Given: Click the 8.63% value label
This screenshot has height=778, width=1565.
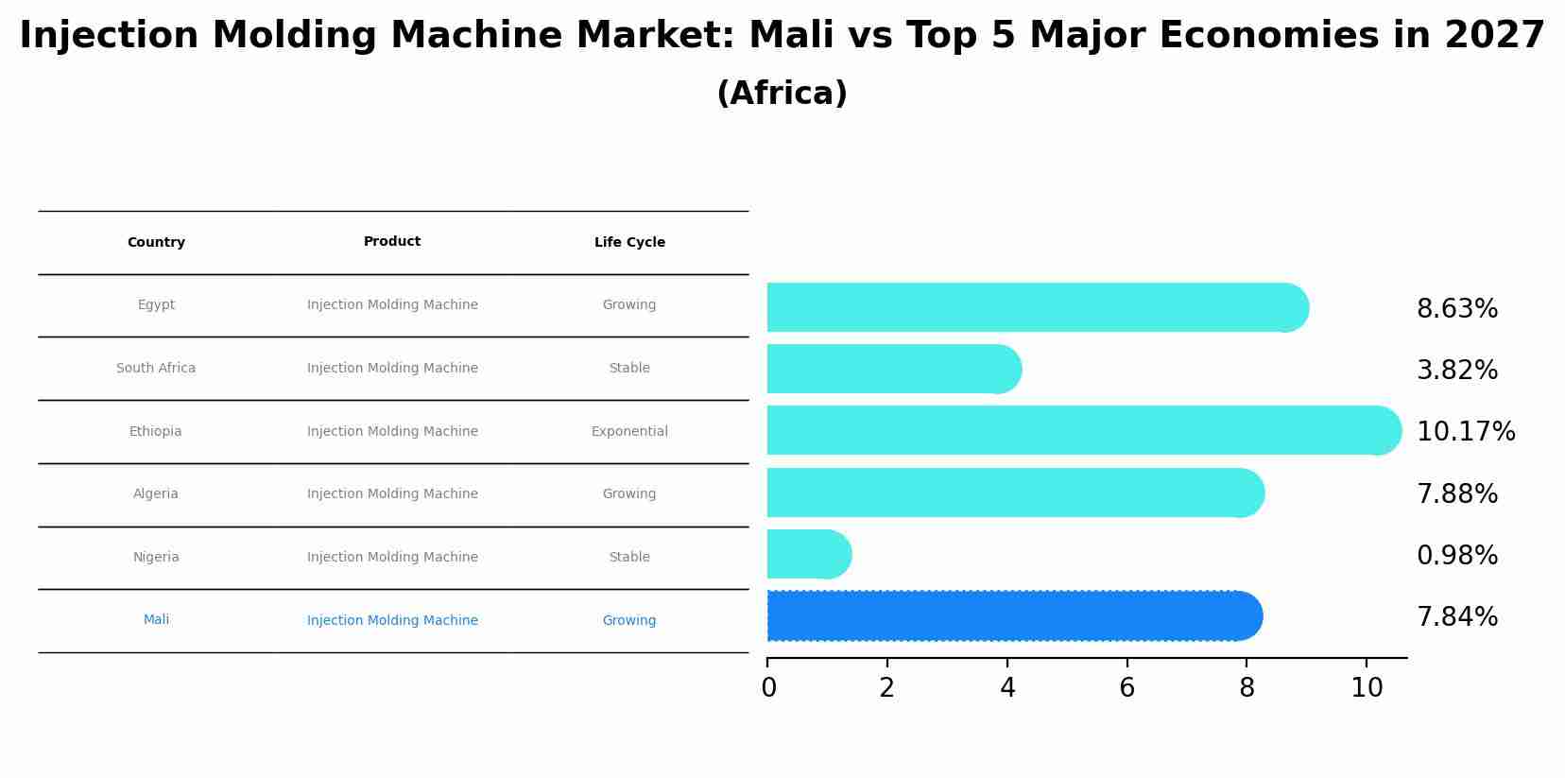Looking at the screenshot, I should (x=1456, y=309).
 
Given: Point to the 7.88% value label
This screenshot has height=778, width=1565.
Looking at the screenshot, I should (x=1456, y=493).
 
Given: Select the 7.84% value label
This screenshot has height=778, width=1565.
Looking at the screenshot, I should (x=1456, y=617).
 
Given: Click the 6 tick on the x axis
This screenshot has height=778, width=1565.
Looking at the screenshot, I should (x=1126, y=687).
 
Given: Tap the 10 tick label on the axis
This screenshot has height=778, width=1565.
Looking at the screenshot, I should (x=1367, y=687).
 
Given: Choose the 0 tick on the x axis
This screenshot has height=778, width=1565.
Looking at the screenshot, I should (x=768, y=687).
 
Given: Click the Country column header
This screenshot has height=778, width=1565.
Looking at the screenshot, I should (x=156, y=243).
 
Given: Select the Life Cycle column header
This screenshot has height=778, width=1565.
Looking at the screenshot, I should (x=629, y=243).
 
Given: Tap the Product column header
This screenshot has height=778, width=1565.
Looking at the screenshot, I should (x=392, y=242).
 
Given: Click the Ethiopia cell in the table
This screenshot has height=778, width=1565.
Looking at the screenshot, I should (x=156, y=432).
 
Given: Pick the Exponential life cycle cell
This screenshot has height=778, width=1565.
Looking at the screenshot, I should (x=629, y=432).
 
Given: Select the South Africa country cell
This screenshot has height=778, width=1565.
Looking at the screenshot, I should (x=156, y=369).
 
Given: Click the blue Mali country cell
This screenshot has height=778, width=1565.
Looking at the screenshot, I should (x=156, y=620).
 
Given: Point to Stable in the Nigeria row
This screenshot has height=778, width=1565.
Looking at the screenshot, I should (x=629, y=558).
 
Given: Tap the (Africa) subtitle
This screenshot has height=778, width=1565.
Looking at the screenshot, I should (x=782, y=94).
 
